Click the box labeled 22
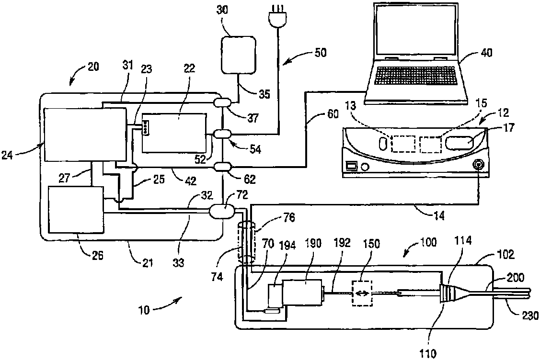[174, 133]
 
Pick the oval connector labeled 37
[223, 102]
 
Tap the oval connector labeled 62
[223, 167]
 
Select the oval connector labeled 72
[223, 210]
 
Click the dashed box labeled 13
[403, 144]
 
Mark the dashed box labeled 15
[430, 145]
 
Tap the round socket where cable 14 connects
[478, 165]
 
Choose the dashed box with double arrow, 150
[362, 293]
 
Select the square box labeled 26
[76, 210]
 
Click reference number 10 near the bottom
[144, 310]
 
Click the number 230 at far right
[531, 315]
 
